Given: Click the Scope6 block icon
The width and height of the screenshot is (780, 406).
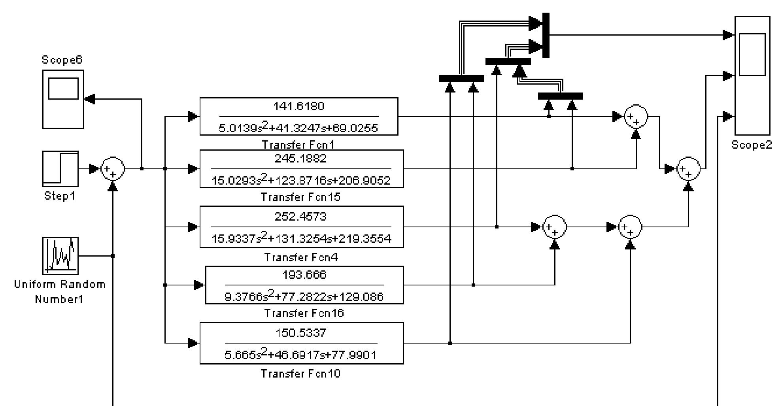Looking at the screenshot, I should pos(63,99).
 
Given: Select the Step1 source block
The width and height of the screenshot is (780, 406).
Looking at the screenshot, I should pos(60,169).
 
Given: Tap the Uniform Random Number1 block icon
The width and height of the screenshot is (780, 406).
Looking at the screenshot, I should pos(60,256).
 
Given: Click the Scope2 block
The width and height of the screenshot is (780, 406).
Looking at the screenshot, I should pos(752,75).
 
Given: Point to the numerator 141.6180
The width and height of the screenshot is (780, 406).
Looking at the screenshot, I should pos(298,106).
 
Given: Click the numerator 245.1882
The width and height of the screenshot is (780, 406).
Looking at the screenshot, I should pos(301,159).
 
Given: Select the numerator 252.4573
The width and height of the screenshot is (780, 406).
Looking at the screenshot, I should pos(301,217).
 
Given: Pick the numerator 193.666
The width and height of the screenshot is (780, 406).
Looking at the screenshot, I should pos(304,275).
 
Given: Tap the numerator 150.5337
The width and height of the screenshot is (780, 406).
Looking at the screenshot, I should pos(301,333).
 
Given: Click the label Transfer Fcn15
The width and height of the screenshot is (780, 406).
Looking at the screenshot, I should pos(300,197).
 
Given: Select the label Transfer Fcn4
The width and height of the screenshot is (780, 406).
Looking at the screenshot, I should pos(301,257).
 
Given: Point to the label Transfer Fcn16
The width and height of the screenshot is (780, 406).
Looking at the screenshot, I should pos(304,313).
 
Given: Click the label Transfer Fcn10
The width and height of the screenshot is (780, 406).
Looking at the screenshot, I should pos(300,374).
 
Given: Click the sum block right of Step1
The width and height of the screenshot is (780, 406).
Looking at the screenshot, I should pos(113,169).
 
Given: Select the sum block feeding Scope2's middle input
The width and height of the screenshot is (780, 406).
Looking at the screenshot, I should pos(688,169).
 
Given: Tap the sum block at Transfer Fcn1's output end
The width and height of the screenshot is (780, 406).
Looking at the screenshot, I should pos(636,117).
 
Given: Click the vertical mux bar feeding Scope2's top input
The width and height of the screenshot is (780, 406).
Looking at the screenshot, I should pos(546,35).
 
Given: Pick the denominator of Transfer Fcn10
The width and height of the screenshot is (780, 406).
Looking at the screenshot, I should pos(300,355).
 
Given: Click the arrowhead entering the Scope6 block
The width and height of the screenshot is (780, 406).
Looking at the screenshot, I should pos(90,99).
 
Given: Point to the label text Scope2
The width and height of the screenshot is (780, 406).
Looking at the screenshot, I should pos(752,145).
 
